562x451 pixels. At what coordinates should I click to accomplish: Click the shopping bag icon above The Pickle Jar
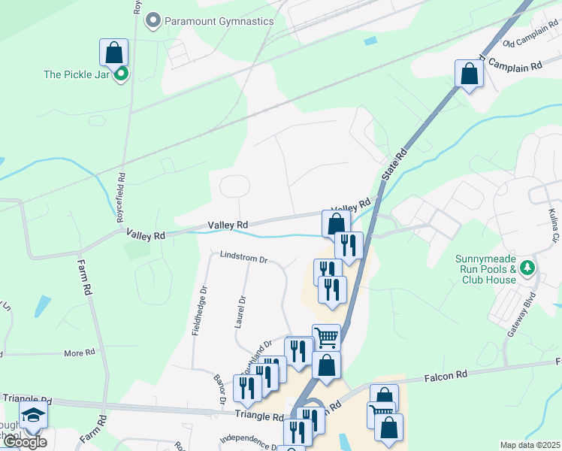coord(113,53)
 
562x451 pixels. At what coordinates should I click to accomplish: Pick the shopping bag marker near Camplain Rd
coord(469,74)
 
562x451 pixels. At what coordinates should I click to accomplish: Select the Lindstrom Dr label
coord(243,258)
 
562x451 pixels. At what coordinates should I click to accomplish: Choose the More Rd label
coord(79,352)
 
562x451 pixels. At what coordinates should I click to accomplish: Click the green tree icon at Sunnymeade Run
coord(527,268)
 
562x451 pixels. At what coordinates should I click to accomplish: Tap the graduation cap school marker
coord(33,416)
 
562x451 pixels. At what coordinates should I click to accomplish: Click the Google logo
coord(24,443)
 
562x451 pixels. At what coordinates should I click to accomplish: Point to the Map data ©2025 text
coord(530,445)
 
